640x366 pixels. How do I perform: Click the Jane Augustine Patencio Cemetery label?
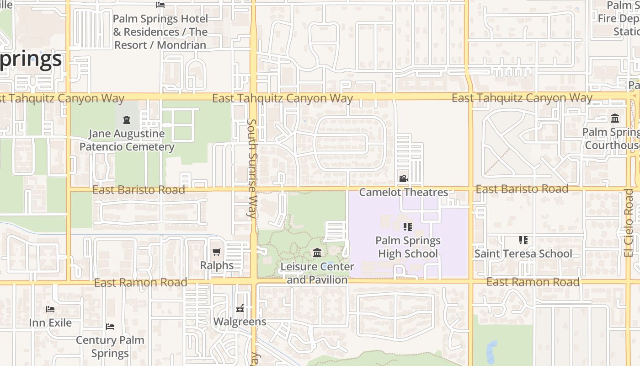point(127,140)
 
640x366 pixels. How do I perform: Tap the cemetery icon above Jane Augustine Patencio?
point(127,120)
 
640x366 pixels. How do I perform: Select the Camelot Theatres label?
point(403,192)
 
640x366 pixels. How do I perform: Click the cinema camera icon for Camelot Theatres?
point(403,178)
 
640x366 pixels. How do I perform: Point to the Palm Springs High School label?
point(408,247)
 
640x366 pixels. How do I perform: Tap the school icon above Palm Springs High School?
point(408,227)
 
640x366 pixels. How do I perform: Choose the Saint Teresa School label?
point(523,253)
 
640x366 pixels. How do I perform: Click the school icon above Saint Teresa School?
point(523,240)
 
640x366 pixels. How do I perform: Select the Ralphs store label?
point(217,265)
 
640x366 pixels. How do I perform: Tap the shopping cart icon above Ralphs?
point(217,252)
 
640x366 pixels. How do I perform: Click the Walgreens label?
point(240,322)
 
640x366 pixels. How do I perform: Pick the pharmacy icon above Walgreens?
point(240,308)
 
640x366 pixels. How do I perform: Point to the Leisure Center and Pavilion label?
point(317,273)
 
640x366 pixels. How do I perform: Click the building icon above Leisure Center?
point(317,253)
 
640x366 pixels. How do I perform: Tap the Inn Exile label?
point(50,323)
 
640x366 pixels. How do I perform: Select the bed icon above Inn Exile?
point(50,309)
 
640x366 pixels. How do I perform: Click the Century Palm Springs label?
point(110,347)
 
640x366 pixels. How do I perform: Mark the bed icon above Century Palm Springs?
point(110,327)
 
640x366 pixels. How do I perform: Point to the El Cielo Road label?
point(629,223)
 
